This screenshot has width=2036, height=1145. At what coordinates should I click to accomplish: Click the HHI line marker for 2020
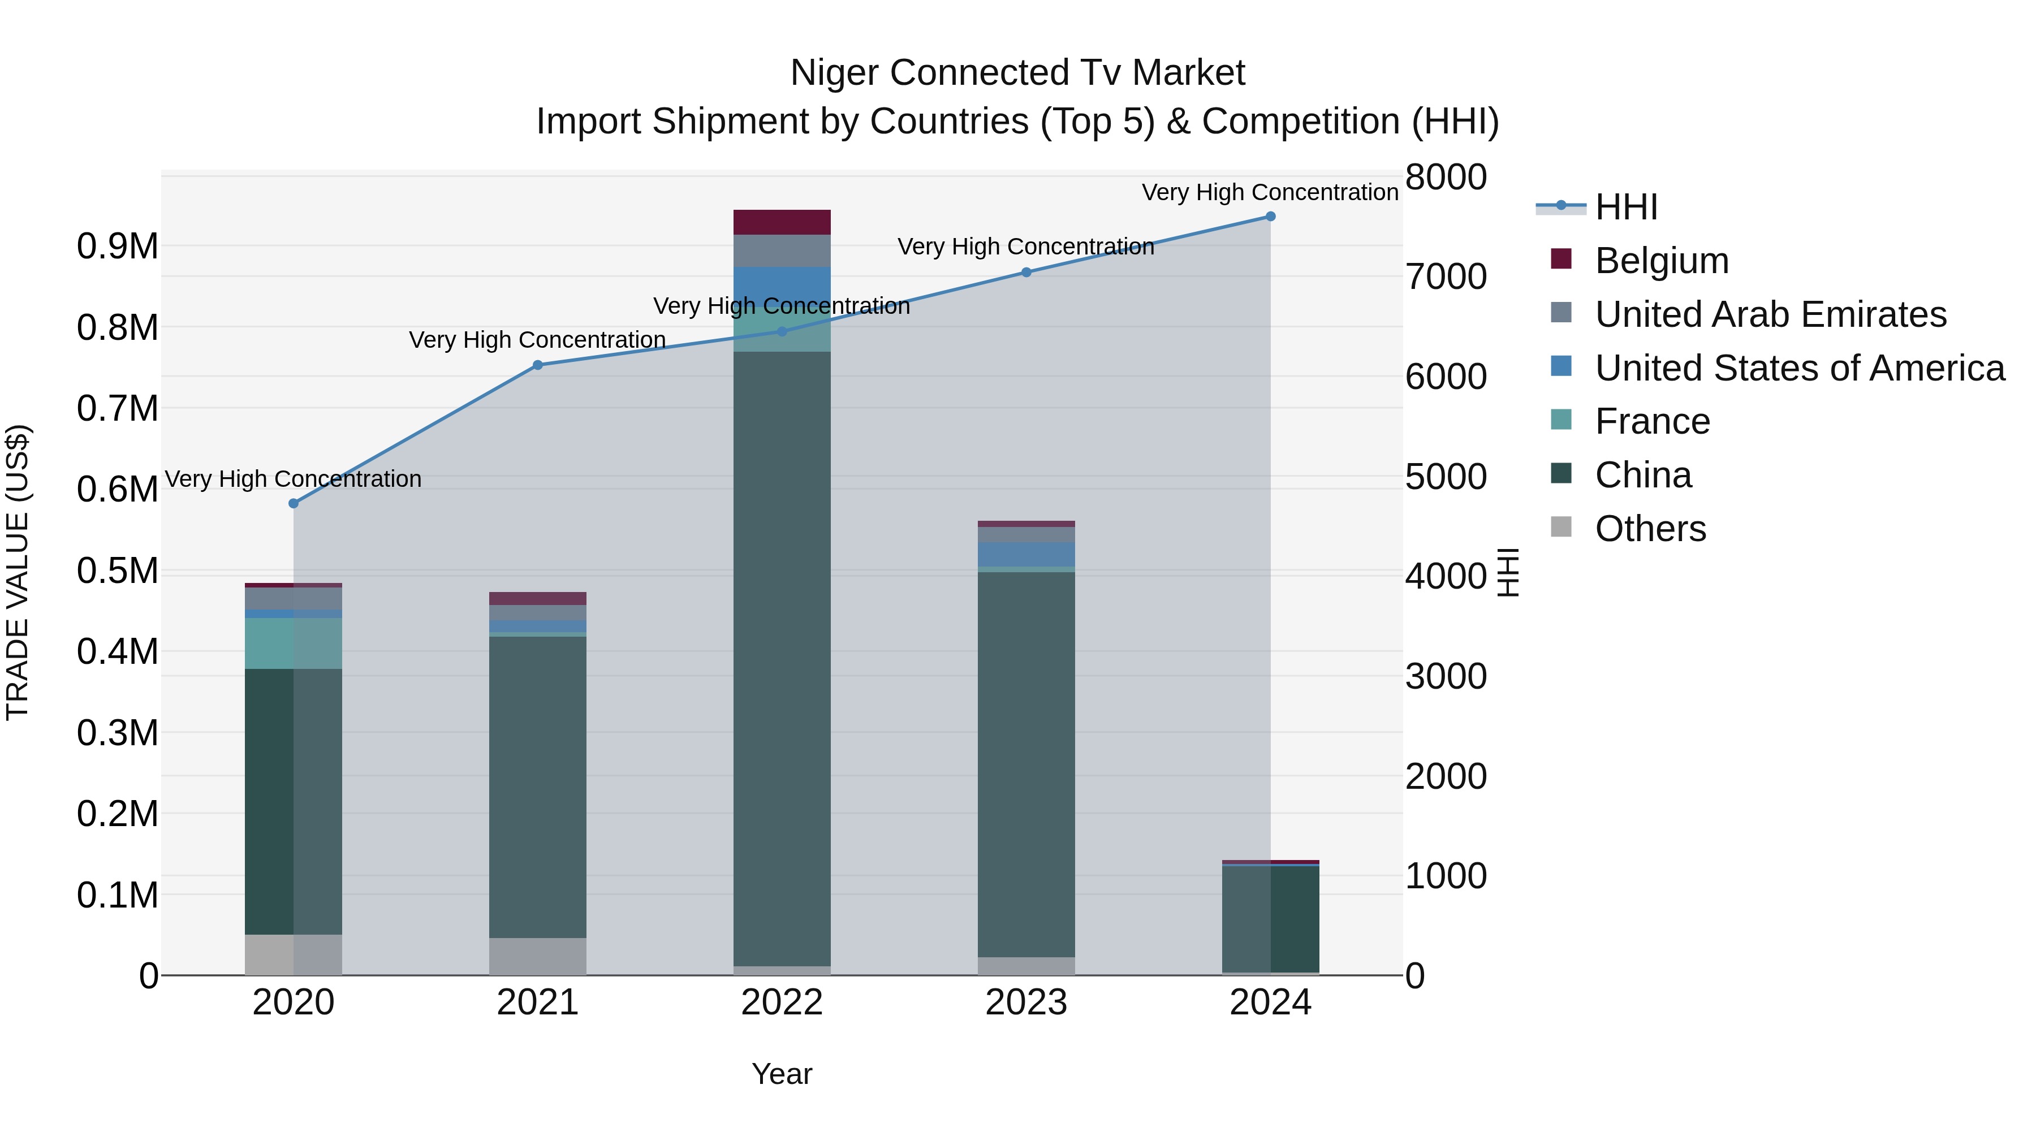click(293, 503)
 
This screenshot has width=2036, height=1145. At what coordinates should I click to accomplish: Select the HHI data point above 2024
click(1270, 217)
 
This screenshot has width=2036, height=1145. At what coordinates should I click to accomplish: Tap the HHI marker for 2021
click(537, 365)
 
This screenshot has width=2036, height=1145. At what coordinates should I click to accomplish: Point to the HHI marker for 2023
click(1026, 273)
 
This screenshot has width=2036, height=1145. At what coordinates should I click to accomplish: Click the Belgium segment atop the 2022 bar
click(782, 222)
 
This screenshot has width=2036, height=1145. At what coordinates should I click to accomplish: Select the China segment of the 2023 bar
click(1026, 763)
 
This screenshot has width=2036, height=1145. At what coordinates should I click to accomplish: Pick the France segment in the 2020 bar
click(293, 643)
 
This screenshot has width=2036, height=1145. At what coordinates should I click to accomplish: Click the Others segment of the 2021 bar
click(537, 956)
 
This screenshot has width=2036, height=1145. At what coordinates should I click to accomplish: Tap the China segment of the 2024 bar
click(1270, 919)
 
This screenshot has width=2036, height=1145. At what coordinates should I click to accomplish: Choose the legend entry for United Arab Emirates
click(1770, 314)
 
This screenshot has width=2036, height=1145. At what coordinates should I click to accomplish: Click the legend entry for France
click(1652, 422)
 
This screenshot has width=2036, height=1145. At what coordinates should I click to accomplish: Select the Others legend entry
click(1650, 529)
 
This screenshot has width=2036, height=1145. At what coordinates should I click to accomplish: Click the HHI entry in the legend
click(1626, 207)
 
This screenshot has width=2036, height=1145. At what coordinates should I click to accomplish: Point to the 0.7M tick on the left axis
click(117, 409)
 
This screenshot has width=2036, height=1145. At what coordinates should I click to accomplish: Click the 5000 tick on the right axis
click(1446, 477)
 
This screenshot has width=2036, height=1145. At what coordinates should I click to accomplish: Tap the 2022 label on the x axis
click(782, 1003)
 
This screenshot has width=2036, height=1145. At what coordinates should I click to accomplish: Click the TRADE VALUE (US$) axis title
click(18, 572)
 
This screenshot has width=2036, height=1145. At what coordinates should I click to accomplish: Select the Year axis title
click(782, 1074)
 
